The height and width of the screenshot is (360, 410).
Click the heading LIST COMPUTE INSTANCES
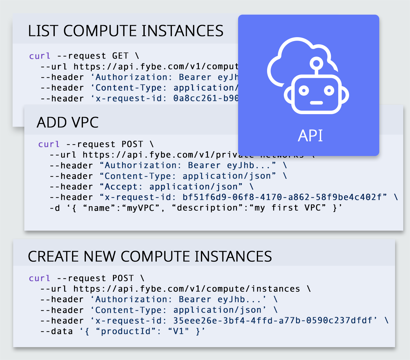point(126,31)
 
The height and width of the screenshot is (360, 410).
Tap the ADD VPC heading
point(68,122)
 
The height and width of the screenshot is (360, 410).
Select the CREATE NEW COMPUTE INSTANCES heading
point(150,256)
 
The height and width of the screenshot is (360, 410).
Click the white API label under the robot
point(310,136)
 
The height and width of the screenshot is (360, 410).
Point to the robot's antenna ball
point(316,63)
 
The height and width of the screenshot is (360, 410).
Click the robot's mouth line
point(316,103)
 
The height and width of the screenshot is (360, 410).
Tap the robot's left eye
point(304,90)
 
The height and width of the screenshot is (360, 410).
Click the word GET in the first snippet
point(120,56)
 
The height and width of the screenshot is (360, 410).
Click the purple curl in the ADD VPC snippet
point(49,144)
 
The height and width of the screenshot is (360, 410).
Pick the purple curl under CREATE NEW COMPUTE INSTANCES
point(40,278)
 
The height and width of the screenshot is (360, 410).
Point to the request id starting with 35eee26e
point(273,320)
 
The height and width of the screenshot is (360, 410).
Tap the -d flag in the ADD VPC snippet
point(55,208)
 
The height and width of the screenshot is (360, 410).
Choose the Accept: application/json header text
point(173,187)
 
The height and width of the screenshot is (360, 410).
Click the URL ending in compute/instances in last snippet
point(187,289)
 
